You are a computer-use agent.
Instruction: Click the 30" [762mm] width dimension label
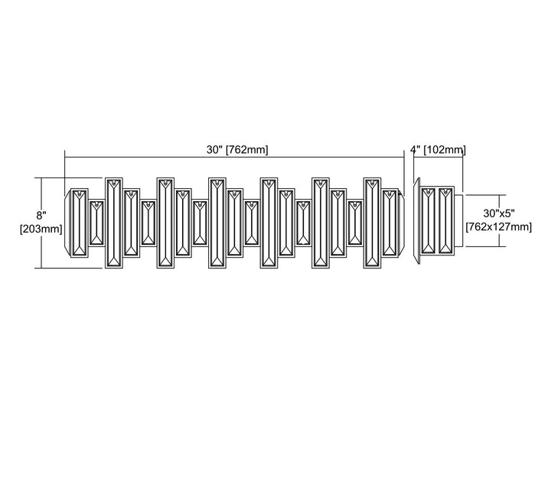click(237, 150)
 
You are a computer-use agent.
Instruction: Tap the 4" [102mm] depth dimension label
click(439, 150)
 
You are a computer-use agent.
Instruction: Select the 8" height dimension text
click(41, 215)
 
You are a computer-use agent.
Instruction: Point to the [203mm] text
click(41, 229)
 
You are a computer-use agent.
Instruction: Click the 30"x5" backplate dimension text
click(499, 213)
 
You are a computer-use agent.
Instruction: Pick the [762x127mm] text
click(499, 226)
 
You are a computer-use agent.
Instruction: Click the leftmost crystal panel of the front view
click(80, 223)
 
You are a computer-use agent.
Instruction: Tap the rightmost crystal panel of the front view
click(390, 223)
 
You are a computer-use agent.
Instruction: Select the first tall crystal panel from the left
click(114, 223)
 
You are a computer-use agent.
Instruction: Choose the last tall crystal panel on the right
click(372, 223)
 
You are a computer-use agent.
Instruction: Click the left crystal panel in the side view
click(429, 220)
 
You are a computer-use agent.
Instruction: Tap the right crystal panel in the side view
click(445, 220)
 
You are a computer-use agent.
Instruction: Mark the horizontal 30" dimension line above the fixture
click(234, 158)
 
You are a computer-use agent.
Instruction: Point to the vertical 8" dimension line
click(42, 223)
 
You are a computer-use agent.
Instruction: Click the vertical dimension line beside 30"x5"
click(499, 220)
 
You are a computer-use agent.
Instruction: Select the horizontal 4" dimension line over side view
click(439, 158)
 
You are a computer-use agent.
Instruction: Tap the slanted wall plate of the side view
click(417, 220)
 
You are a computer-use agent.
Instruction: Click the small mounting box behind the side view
click(459, 220)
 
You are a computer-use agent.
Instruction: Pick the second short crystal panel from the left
click(148, 223)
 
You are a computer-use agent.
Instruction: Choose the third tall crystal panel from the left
click(217, 223)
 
